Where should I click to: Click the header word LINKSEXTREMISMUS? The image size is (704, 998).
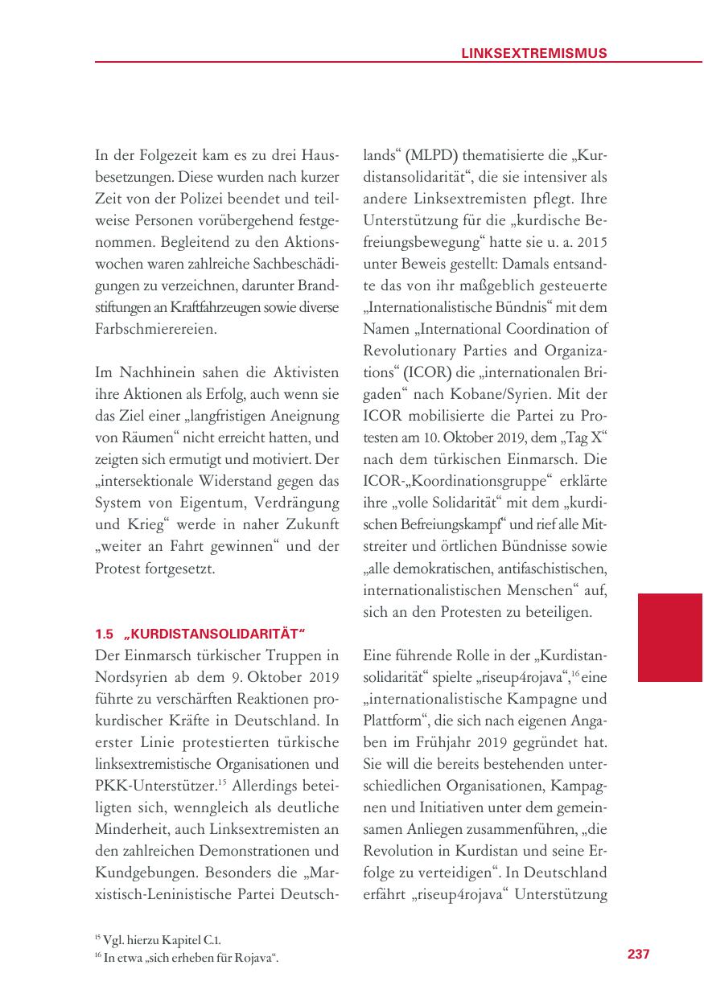tap(533, 53)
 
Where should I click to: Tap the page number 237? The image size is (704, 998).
tap(638, 954)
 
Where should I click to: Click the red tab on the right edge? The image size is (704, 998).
tap(669, 638)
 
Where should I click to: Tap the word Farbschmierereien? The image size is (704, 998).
tap(156, 330)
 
